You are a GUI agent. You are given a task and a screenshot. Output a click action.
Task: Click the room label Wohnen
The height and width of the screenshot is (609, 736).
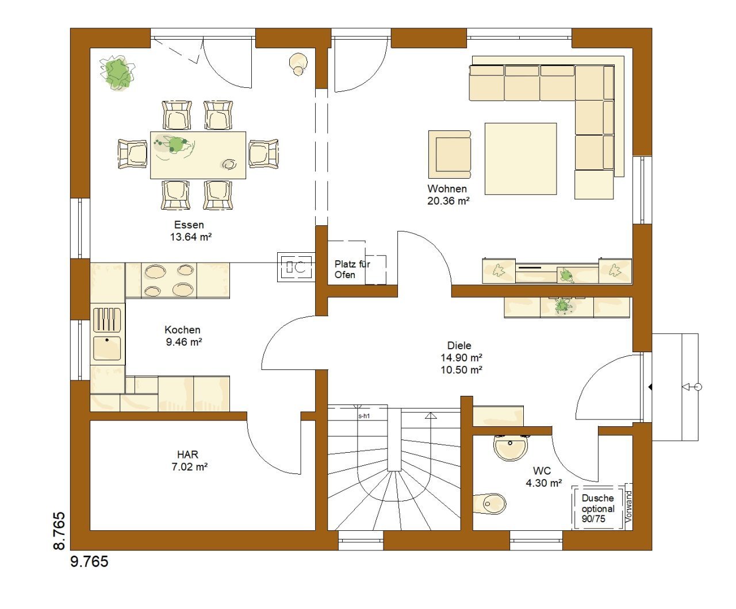point(447,188)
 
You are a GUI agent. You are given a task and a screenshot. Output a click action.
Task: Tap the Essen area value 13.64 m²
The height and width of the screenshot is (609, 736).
point(191,237)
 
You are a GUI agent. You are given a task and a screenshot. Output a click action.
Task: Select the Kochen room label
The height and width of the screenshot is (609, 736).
point(182,330)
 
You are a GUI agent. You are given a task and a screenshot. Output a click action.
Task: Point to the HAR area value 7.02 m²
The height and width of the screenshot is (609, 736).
point(189,467)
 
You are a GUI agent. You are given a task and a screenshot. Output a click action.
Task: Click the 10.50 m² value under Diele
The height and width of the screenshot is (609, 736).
point(461,369)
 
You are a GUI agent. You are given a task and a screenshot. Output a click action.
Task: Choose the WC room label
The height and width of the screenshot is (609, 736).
point(542,471)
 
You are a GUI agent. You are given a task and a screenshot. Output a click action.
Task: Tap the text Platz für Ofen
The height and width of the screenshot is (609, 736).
point(352,269)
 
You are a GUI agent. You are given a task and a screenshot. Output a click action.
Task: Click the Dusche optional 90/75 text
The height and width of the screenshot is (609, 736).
point(598,508)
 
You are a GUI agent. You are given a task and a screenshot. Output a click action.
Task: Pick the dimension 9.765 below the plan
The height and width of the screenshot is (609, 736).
point(89,561)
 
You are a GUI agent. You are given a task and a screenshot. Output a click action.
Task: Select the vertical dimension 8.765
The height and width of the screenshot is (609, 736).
point(59,531)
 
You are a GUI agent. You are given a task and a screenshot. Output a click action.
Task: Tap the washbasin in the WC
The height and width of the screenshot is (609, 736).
point(510,448)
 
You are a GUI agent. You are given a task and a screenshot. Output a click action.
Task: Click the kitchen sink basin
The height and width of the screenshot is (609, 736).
point(107,348)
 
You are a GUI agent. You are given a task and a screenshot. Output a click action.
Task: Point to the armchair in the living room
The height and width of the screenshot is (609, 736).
point(450,155)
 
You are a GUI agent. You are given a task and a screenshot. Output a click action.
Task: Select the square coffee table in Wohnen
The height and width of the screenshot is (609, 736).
point(520,159)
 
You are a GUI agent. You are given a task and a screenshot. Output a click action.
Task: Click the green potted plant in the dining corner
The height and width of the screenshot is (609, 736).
point(117,72)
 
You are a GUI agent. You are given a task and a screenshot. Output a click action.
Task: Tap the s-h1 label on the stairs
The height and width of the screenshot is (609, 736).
point(364,416)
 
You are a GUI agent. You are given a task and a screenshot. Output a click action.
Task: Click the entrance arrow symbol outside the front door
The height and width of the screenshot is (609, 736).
point(692,387)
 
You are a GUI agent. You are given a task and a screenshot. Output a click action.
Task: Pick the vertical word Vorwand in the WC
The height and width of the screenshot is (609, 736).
point(628,506)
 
